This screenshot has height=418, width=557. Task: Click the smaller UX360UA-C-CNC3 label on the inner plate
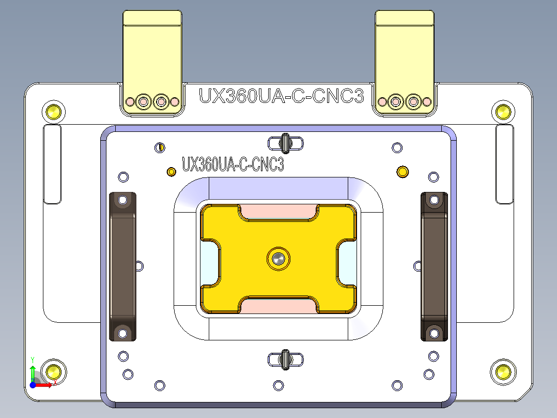[x=233, y=165]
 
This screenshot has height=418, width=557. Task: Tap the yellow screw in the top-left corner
[x=53, y=111]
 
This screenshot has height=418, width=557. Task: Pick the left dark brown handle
[x=122, y=266]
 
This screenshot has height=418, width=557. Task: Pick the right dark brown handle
[x=434, y=266]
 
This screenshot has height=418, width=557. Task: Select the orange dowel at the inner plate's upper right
[x=401, y=171]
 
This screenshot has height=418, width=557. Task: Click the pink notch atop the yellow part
[x=278, y=211]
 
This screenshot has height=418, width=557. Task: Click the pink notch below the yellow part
[x=278, y=306]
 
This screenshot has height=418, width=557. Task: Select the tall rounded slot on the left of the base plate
[x=52, y=164]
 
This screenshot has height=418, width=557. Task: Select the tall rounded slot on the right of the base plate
[x=504, y=164]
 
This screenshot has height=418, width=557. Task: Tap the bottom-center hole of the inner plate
[x=278, y=385]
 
